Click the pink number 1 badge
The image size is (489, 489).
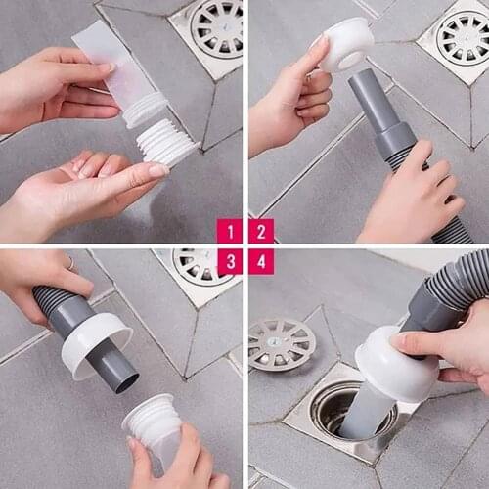click(x=229, y=231)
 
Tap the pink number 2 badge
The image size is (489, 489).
click(x=260, y=231)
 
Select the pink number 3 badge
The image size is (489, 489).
click(x=229, y=261)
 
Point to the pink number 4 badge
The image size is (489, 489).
click(x=260, y=261)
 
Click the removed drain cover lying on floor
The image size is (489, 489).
click(x=281, y=343)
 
